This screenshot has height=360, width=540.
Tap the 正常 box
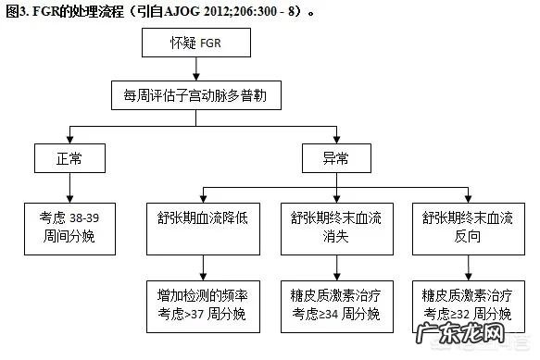(69, 158)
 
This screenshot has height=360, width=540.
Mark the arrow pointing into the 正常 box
(69, 135)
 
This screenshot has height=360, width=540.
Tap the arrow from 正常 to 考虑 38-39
(69, 188)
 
